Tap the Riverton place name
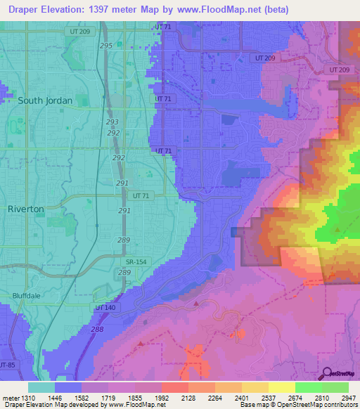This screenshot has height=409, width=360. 25,209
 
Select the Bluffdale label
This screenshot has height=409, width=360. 27,296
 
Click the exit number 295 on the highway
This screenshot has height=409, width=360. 106,46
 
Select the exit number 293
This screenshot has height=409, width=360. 112,122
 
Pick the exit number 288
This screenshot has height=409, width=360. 97,329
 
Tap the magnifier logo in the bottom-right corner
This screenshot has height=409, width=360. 326,374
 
